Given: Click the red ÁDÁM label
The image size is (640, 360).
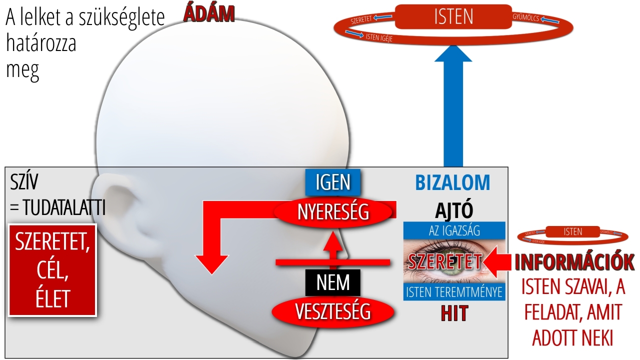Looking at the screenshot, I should [209, 14].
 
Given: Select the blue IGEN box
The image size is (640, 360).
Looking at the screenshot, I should [333, 182].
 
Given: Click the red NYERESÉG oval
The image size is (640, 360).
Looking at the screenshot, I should [333, 211].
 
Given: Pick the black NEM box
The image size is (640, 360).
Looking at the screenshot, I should [333, 283].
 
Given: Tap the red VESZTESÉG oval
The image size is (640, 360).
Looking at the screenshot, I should [333, 311].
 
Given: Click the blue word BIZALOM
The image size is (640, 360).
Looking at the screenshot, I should [453, 183].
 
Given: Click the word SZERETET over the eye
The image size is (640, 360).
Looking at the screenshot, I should [444, 261].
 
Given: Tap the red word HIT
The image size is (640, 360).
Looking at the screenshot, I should [454, 313].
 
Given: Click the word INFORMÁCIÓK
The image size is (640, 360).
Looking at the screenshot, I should [574, 262].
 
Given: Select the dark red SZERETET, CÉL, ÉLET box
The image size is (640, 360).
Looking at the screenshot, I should [52, 270].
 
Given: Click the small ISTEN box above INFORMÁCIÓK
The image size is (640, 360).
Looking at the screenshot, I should [572, 231].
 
